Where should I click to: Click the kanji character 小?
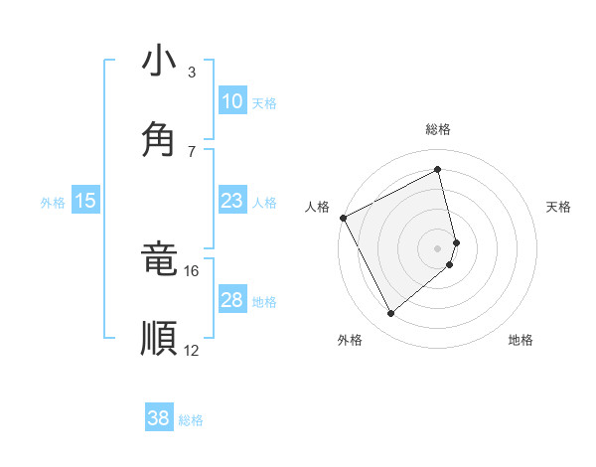click(x=159, y=62)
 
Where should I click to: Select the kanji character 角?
click(x=159, y=141)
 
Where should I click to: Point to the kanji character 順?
click(x=159, y=338)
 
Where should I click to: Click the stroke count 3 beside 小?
click(x=192, y=73)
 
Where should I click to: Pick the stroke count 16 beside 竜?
click(x=191, y=270)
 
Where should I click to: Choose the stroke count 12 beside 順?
click(x=191, y=350)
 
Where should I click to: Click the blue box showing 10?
click(x=231, y=101)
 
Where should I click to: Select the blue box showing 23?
click(x=231, y=201)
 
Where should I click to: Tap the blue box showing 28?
click(x=231, y=300)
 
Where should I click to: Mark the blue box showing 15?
click(x=85, y=201)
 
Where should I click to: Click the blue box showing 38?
click(x=159, y=418)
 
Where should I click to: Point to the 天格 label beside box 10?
click(x=264, y=103)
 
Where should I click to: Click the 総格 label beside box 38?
click(x=191, y=420)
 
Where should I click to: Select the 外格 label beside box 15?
click(x=53, y=203)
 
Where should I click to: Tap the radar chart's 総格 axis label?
click(x=438, y=129)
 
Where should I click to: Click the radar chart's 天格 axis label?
click(x=559, y=207)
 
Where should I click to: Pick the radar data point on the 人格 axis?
click(x=343, y=218)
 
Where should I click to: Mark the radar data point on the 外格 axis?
click(x=390, y=314)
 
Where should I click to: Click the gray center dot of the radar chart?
click(x=438, y=247)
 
